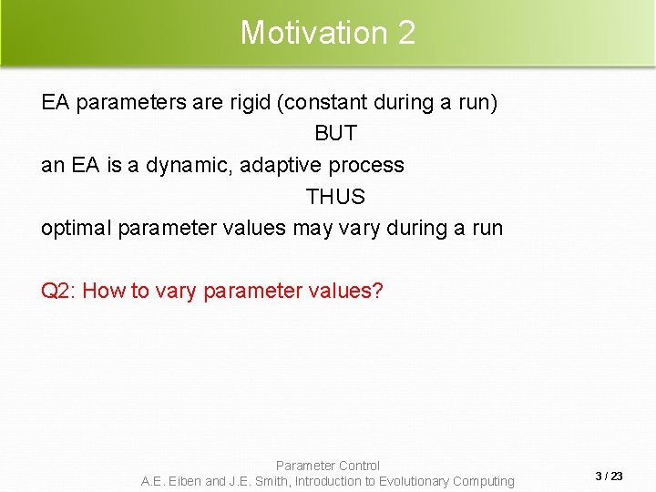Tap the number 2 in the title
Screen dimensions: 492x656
[x=406, y=33]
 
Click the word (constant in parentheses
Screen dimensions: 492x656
[x=326, y=102]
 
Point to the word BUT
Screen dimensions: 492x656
[x=335, y=133]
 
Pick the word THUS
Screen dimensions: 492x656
[x=335, y=197]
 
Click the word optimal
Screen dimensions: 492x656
[x=77, y=228]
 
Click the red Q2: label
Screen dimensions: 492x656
[x=59, y=291]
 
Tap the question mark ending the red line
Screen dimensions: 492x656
[x=378, y=291]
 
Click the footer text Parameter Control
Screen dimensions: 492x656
[x=328, y=466]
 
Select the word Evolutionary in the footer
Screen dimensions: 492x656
[x=414, y=481]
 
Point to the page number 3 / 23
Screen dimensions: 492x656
[x=609, y=476]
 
